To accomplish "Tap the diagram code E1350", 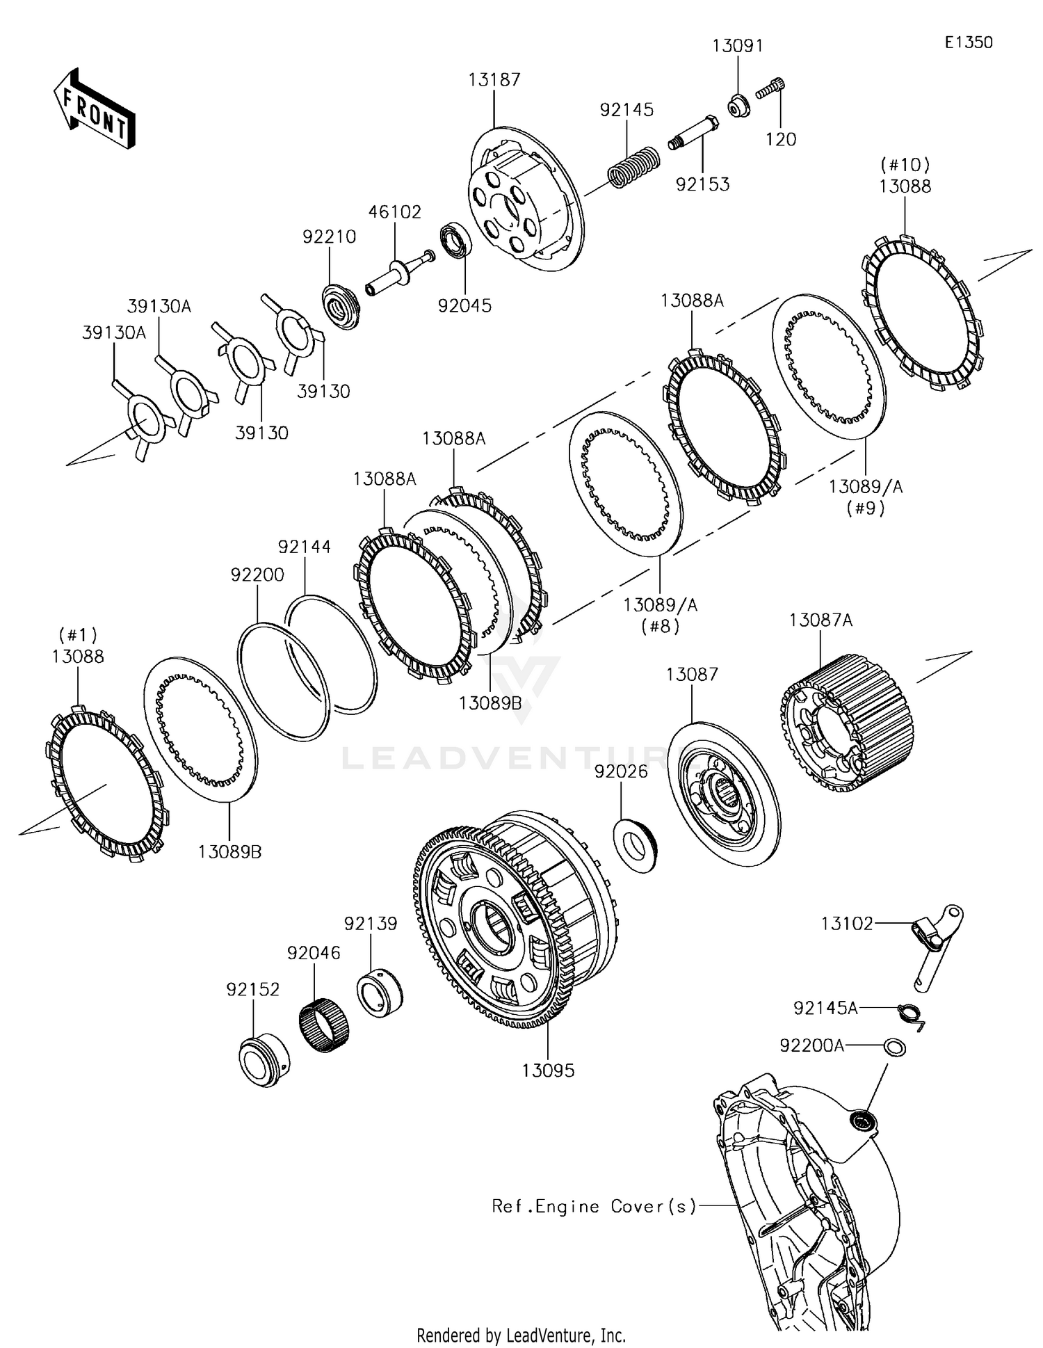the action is (969, 42).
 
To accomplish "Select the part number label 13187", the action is (494, 80).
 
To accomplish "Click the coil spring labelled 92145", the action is (633, 166).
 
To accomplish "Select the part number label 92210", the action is (329, 237).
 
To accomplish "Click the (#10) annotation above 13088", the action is (905, 165).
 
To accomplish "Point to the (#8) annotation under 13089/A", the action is (660, 626).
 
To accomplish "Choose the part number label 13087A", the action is (820, 620).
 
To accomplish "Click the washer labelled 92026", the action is (636, 845).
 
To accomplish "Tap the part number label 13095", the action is (549, 1070).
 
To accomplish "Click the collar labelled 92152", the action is (264, 1059).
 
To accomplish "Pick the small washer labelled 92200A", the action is (894, 1046).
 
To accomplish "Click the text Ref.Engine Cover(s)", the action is (594, 1206).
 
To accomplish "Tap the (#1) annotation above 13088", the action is (78, 635).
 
